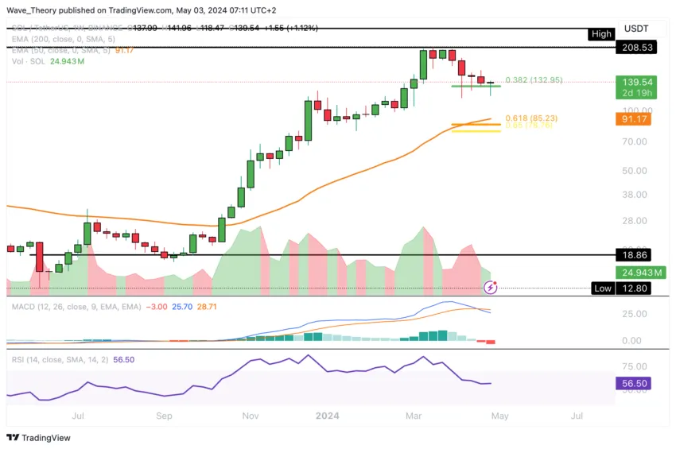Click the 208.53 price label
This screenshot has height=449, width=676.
pyautogui.click(x=642, y=48)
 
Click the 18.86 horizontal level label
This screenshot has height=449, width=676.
pyautogui.click(x=642, y=255)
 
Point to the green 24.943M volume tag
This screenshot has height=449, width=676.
pyautogui.click(x=642, y=273)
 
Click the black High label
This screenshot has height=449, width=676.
pyautogui.click(x=601, y=33)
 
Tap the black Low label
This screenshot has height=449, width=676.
pyautogui.click(x=603, y=288)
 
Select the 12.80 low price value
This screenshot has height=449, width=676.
pyautogui.click(x=642, y=288)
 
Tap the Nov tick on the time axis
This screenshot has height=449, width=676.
pyautogui.click(x=250, y=415)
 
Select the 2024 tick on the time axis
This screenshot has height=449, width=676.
pyautogui.click(x=327, y=415)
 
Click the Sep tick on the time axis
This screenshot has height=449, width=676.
pyautogui.click(x=164, y=415)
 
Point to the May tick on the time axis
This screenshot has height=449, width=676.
pyautogui.click(x=498, y=415)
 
